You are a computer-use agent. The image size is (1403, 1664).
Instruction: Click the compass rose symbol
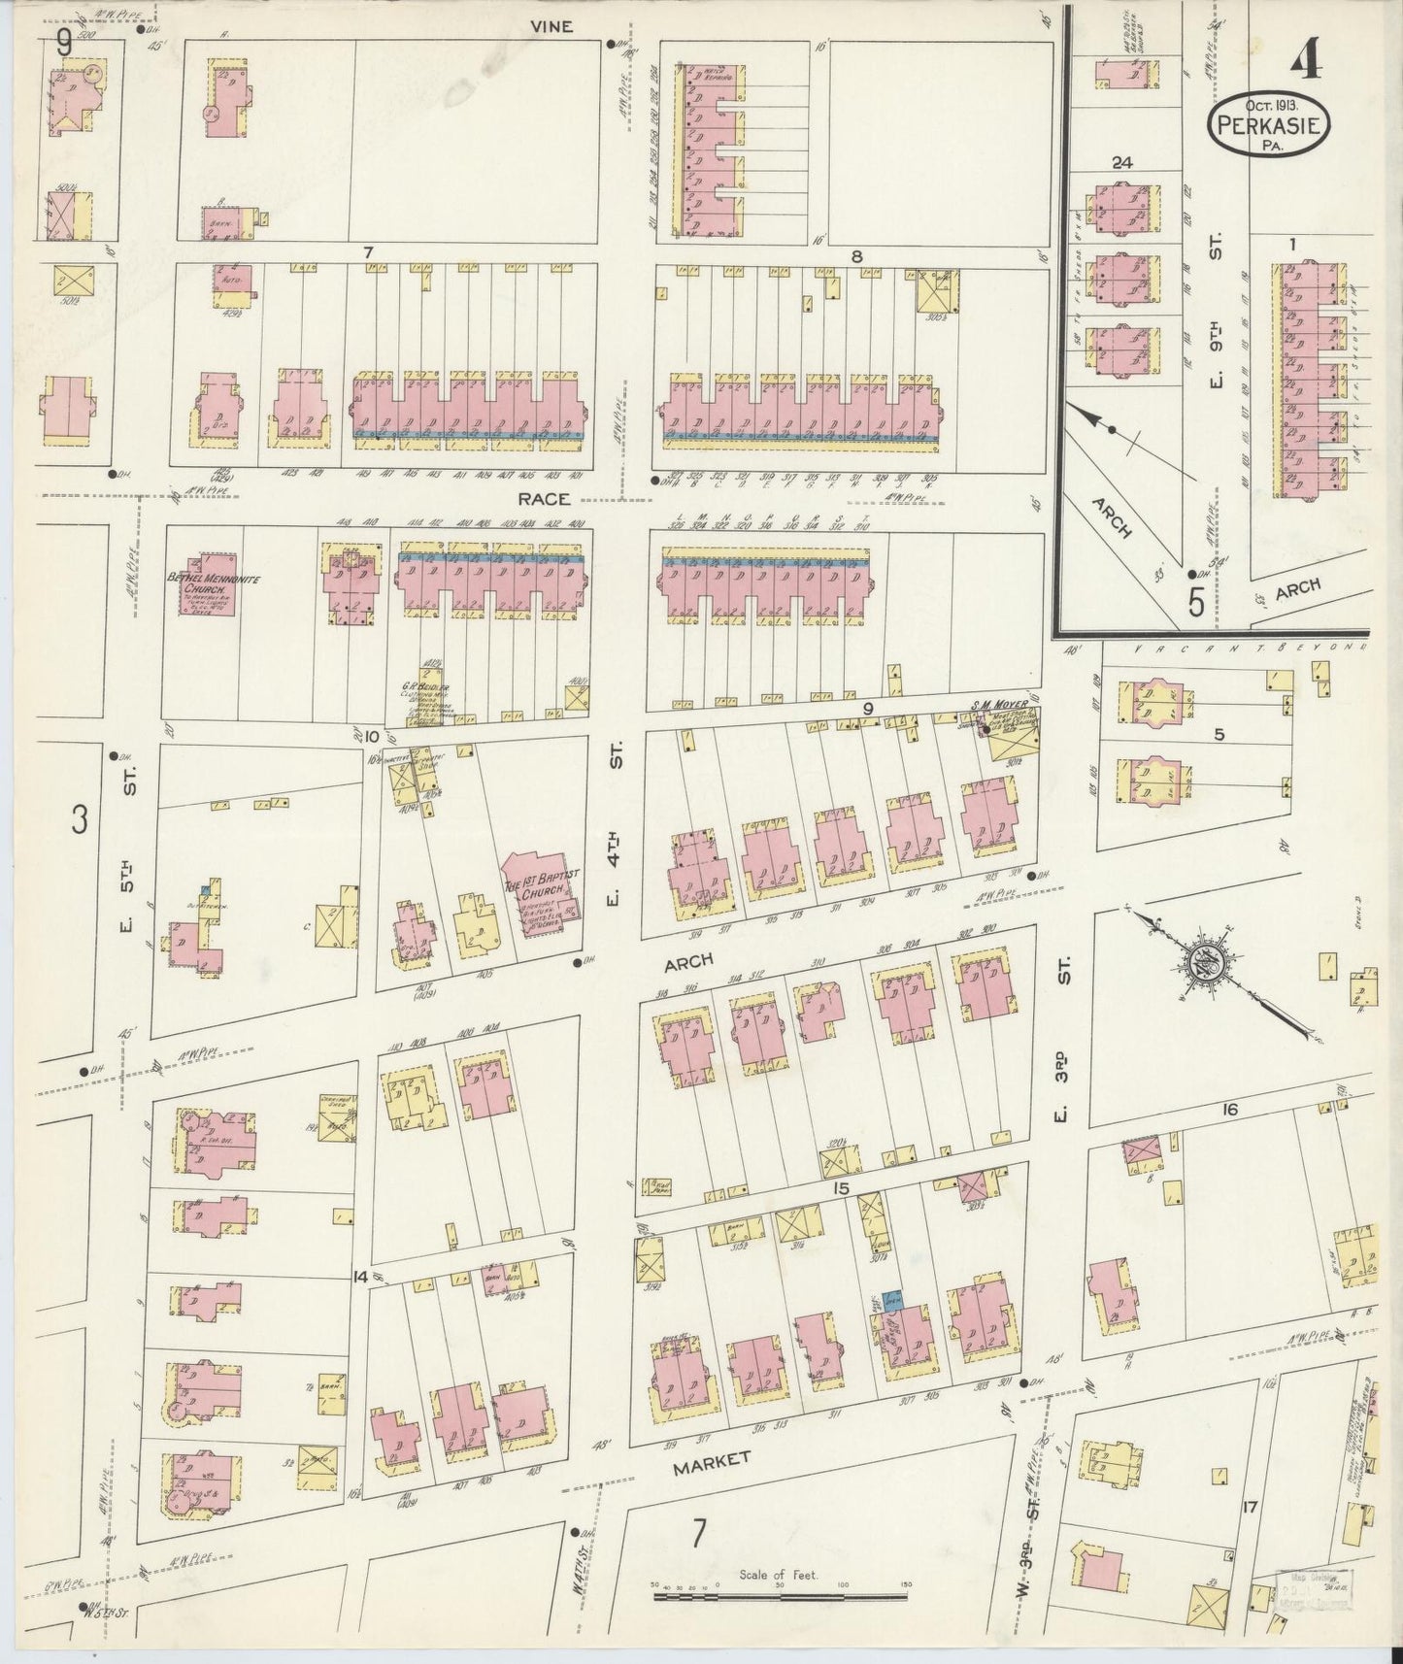tap(1208, 962)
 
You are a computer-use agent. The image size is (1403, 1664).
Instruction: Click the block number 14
tap(361, 1278)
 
